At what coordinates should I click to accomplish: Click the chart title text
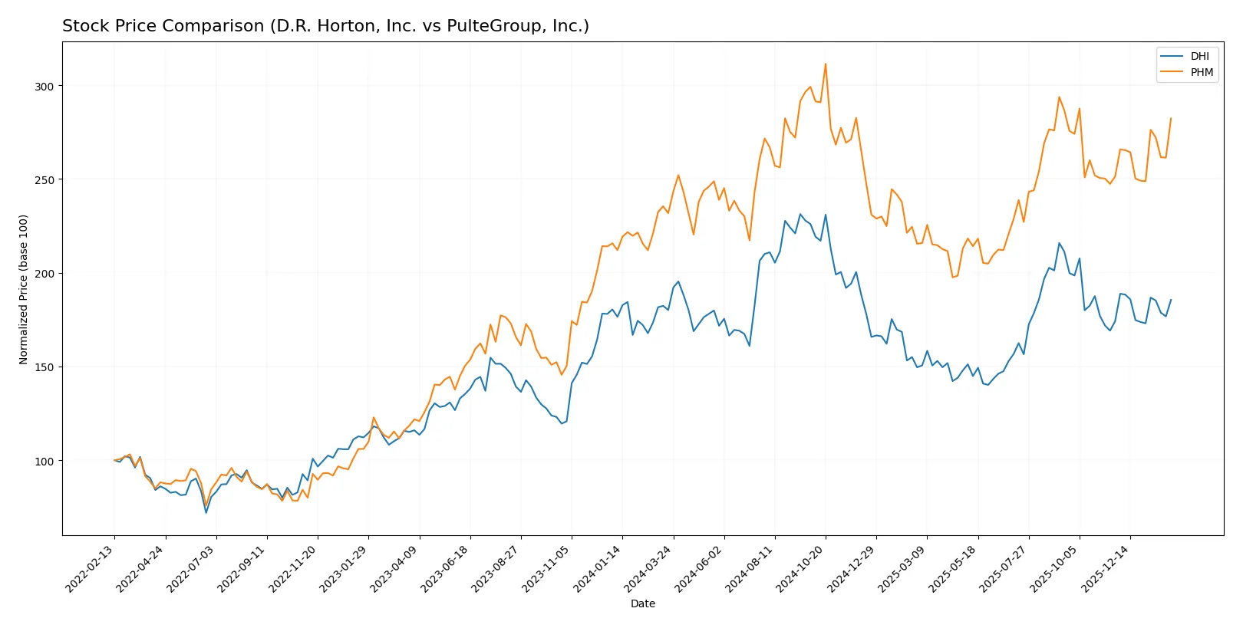click(x=325, y=26)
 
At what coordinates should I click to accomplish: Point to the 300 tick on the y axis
click(x=44, y=86)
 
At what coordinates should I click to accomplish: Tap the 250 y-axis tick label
click(x=44, y=179)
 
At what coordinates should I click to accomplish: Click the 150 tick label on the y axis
click(x=44, y=367)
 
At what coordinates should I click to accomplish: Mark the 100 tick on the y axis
click(x=44, y=461)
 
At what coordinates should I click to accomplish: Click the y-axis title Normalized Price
click(x=23, y=289)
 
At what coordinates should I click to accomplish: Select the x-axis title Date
click(x=642, y=603)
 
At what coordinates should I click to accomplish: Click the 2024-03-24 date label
click(x=650, y=568)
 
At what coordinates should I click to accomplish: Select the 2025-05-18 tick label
click(x=955, y=568)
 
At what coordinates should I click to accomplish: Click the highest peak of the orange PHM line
click(x=826, y=64)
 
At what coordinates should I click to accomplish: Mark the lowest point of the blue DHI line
click(x=206, y=512)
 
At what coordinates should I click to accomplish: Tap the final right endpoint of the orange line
click(x=1171, y=118)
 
